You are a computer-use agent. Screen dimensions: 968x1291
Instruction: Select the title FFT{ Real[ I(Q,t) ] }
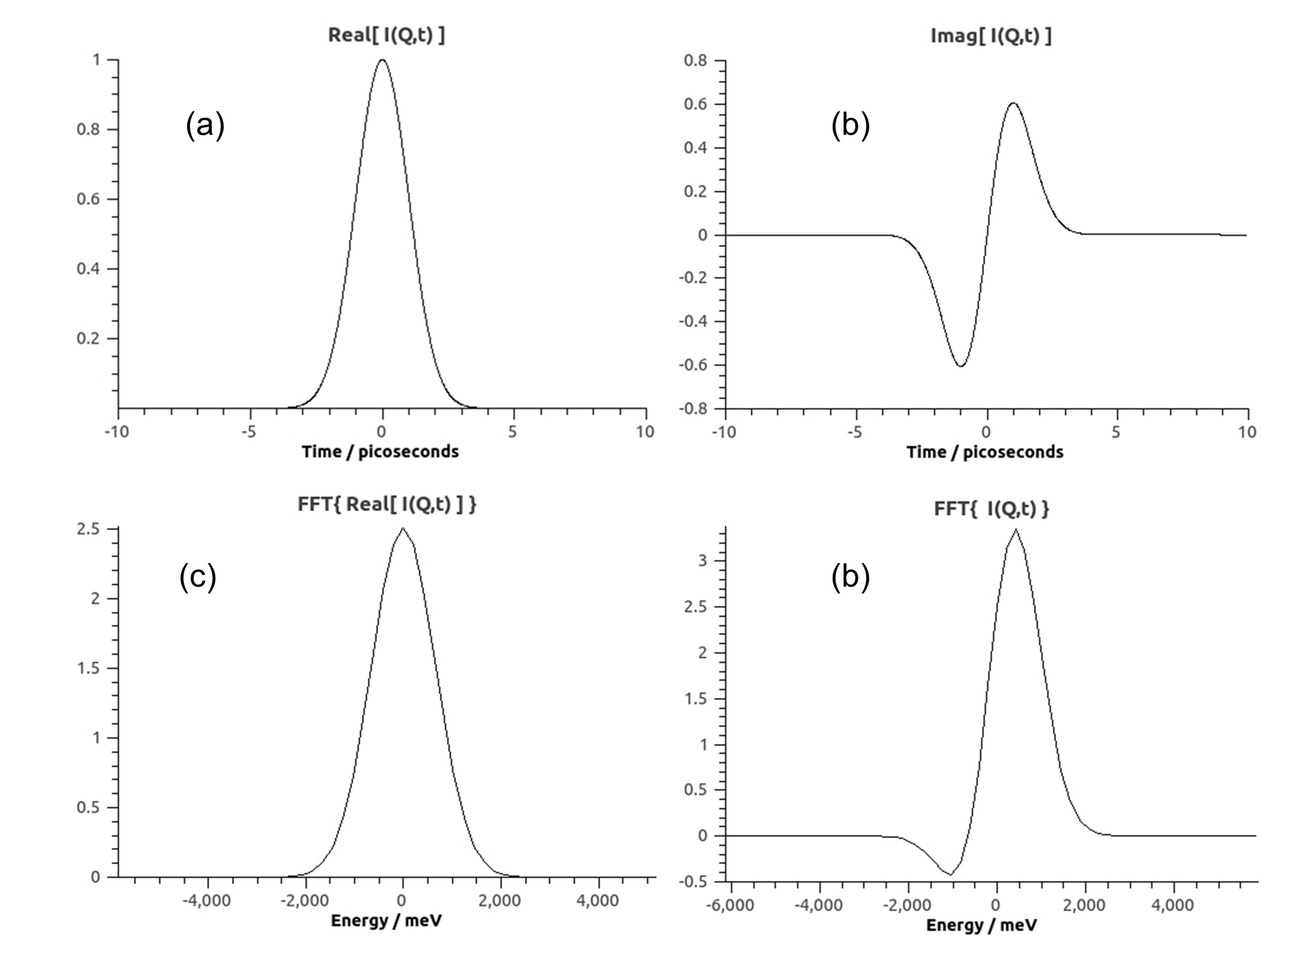(x=386, y=504)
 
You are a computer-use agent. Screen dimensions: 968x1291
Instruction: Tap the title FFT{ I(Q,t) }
(x=991, y=509)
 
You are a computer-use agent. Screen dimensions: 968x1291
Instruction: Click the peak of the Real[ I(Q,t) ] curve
(x=382, y=60)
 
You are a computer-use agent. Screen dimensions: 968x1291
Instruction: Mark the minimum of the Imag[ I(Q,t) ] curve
(x=960, y=366)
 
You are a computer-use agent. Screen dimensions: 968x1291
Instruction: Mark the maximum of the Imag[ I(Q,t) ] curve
(x=1013, y=103)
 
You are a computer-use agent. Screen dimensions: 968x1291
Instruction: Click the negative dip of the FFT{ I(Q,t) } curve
(x=950, y=875)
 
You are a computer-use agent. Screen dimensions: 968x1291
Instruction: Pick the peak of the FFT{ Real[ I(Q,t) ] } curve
(x=403, y=528)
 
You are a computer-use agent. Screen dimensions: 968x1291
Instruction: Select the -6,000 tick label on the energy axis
(x=730, y=906)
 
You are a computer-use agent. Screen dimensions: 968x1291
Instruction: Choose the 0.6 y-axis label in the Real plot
(x=89, y=199)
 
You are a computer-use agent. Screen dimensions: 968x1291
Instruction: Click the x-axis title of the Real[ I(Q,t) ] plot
(x=380, y=452)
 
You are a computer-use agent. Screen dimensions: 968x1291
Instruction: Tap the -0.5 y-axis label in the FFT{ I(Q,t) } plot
(x=696, y=881)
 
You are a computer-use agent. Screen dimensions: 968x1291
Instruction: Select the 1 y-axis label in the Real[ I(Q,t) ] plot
(x=97, y=60)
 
